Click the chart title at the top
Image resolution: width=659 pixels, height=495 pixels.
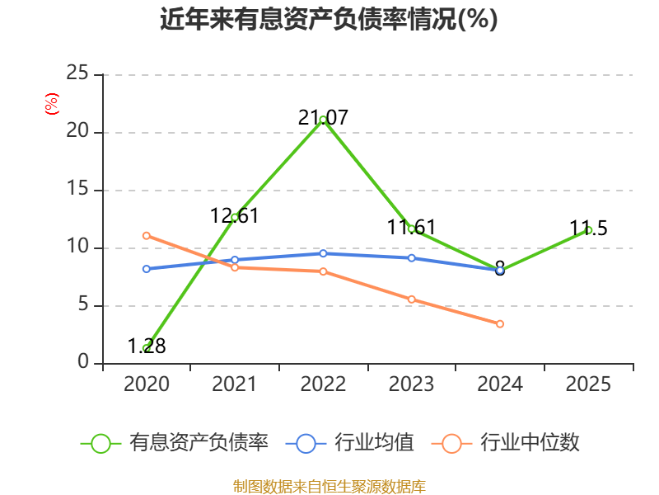[329, 19]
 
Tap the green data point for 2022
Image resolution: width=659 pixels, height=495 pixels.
[323, 120]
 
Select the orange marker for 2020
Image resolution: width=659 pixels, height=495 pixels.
[147, 236]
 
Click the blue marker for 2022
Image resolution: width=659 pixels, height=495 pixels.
[323, 253]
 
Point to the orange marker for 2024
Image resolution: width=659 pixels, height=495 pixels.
[500, 323]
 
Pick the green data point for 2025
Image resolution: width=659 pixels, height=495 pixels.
[588, 230]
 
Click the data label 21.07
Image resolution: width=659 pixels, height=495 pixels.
[323, 117]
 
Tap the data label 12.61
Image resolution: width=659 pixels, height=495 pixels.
[234, 216]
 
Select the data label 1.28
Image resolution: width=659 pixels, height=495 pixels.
[147, 346]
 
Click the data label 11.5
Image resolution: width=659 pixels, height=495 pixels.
[588, 229]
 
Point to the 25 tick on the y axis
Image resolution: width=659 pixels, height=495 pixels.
[77, 73]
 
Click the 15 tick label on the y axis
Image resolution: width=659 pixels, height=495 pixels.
[77, 189]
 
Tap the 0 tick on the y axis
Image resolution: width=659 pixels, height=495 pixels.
[83, 361]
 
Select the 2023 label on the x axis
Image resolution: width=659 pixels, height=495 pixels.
[411, 384]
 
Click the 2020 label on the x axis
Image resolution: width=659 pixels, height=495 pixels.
[147, 384]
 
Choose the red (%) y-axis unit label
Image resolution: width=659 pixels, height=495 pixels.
[52, 104]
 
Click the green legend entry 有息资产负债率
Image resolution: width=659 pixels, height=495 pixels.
[175, 443]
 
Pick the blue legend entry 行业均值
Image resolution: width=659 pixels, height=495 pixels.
[349, 443]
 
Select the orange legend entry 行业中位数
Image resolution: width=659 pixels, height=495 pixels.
[506, 443]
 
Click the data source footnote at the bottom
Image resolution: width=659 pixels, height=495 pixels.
[329, 487]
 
